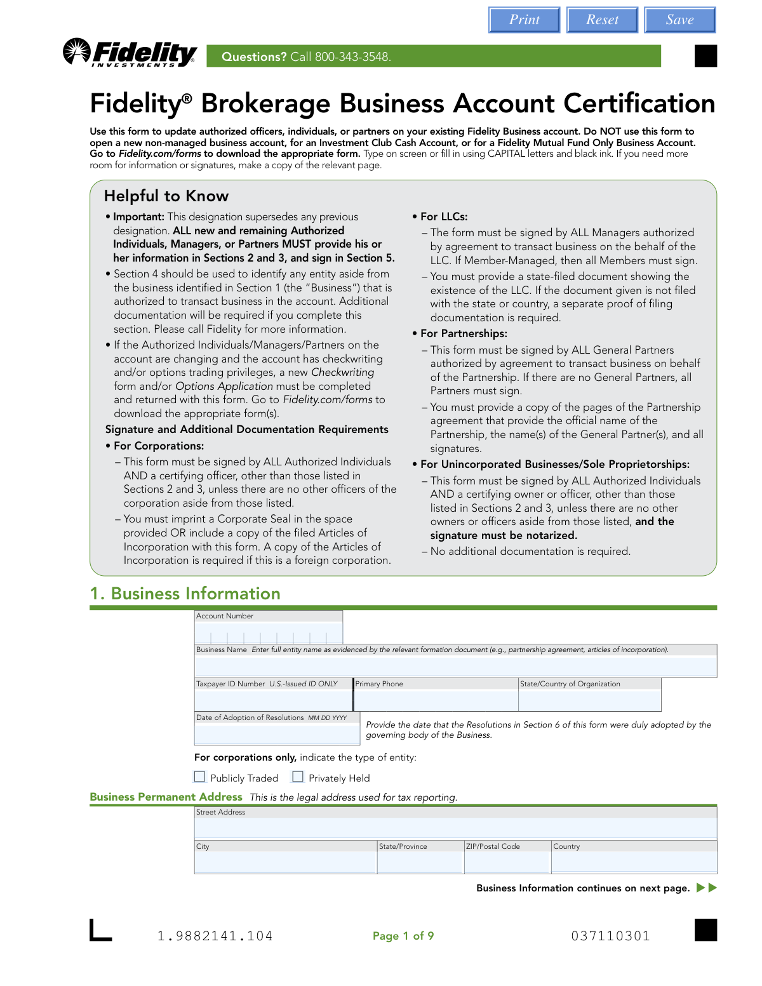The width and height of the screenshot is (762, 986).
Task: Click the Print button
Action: point(524,20)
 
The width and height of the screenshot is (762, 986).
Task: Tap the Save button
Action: point(679,20)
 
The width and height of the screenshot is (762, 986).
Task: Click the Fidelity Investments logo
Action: point(130,53)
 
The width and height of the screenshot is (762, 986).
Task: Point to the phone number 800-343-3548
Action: point(352,57)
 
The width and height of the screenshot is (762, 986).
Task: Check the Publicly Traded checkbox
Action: point(200,776)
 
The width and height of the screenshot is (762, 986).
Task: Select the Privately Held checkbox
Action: point(298,776)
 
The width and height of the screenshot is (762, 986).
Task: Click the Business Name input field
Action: point(455,665)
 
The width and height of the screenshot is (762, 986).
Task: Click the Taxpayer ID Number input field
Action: point(273,700)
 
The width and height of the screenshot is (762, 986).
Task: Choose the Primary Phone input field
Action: point(436,700)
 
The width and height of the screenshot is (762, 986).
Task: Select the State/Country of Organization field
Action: point(589,700)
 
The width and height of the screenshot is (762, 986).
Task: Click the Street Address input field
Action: point(455,828)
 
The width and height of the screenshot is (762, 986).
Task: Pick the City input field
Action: point(286,862)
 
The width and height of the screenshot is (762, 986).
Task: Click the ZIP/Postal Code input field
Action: point(507,862)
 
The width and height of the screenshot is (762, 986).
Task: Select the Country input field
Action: point(634,862)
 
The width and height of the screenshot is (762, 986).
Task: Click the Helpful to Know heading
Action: point(166,196)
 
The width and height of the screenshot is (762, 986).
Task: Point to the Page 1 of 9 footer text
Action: point(403,936)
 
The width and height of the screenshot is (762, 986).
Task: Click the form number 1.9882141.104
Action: point(215,936)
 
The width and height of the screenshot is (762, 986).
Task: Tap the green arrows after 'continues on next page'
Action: point(707,888)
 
